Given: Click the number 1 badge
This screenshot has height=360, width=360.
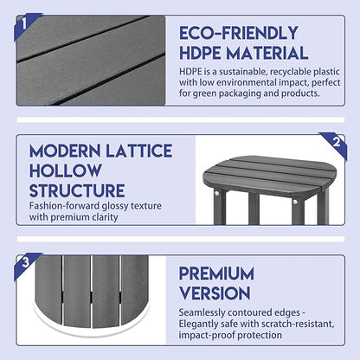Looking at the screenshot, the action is (x=25, y=23).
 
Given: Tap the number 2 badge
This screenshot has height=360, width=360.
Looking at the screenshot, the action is (x=336, y=143).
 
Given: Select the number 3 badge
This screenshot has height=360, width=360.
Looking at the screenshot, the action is (x=25, y=263).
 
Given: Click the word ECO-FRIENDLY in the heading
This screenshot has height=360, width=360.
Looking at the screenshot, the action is (x=238, y=33).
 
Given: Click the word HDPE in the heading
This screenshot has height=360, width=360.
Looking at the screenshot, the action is (x=200, y=54).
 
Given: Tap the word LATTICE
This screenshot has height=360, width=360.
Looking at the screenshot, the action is (x=138, y=151).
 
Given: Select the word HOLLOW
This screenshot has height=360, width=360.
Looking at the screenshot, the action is (x=65, y=170).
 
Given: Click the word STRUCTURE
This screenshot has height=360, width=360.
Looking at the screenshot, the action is (x=77, y=190).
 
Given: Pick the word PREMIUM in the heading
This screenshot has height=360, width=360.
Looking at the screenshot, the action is (x=216, y=273).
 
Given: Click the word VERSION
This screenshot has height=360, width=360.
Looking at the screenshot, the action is (x=215, y=293).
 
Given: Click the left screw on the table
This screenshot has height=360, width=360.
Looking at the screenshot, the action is (x=216, y=192).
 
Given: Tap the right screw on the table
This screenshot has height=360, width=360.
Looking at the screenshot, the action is (x=295, y=202).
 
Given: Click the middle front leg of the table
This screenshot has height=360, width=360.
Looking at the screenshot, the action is (x=254, y=209).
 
